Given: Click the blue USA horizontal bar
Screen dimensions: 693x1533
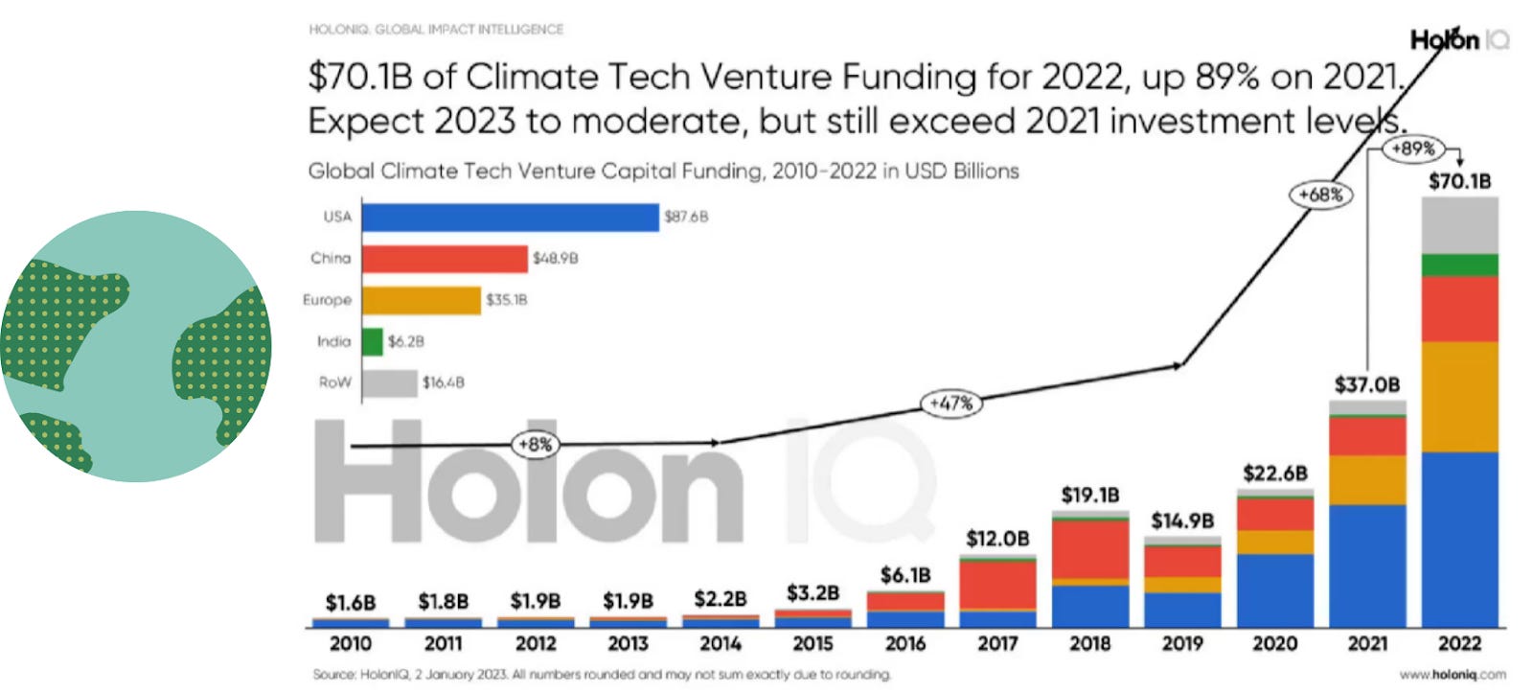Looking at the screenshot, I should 510,217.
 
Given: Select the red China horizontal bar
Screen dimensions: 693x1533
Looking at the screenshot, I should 445,259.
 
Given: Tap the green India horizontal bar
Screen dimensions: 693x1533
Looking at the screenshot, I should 373,341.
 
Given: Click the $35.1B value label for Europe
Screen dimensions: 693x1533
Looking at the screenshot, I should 506,300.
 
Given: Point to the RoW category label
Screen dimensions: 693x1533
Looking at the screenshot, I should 334,382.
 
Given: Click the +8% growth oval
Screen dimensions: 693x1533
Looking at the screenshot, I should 535,445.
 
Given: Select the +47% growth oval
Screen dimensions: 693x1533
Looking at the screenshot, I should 950,404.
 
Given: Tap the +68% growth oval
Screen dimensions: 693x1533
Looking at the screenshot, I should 1320,195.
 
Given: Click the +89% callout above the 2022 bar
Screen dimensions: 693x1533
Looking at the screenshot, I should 1413,149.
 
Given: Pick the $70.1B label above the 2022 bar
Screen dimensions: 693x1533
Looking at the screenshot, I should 1459,181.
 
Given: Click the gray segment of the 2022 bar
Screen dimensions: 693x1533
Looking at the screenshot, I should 1459,225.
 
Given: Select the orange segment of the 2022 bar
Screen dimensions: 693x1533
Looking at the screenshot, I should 1459,396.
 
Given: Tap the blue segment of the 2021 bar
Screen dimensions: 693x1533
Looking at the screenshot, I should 1367,566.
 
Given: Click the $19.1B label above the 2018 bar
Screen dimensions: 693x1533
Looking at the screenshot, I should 1090,496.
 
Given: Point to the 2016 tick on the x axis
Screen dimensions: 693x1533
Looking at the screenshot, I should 904,643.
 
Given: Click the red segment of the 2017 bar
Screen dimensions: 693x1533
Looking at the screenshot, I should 997,584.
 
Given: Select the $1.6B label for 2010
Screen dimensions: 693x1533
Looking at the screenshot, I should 351,603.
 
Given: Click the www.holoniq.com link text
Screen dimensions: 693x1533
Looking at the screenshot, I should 1452,675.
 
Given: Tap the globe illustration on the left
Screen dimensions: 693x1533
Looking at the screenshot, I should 135,346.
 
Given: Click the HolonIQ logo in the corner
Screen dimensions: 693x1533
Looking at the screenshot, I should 1457,40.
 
